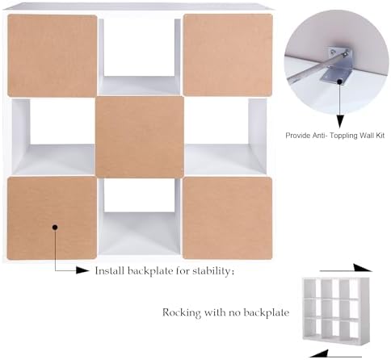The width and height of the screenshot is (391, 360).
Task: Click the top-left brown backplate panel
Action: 52,56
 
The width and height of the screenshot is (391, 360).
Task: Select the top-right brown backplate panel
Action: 228,55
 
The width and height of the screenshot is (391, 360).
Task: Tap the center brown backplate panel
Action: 140,137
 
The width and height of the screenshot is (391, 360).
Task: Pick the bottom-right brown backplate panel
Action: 228,218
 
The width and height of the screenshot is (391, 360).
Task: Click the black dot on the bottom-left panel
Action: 55,228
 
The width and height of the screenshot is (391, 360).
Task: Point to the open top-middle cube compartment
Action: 140,57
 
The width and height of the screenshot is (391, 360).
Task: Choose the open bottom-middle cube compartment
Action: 140,217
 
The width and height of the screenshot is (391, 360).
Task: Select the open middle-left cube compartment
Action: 53,137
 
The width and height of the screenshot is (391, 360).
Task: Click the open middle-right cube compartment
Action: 225,137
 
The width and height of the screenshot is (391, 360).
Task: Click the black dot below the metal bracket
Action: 340,81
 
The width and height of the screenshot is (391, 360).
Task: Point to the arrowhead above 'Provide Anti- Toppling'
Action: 340,121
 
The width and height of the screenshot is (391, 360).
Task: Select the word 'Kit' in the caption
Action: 380,135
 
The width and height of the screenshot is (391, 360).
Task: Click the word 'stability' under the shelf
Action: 211,271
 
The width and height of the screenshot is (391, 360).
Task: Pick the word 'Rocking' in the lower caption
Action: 182,313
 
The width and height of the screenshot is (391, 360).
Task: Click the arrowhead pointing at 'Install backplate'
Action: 82,270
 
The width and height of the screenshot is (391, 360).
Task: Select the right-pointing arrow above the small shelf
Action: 346,269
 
